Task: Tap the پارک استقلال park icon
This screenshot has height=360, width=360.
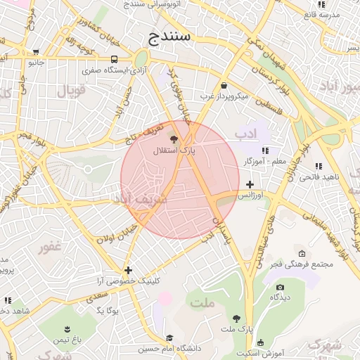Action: (x=174, y=139)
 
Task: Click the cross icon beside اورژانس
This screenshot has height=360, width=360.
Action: (x=250, y=184)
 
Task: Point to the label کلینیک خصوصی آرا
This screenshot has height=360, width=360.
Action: (x=129, y=281)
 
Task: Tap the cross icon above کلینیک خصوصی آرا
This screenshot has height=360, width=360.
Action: (x=128, y=270)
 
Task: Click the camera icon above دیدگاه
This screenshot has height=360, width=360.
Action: (x=281, y=287)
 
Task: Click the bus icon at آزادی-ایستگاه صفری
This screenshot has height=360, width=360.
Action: (x=114, y=60)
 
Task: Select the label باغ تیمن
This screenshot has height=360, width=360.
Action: (x=68, y=340)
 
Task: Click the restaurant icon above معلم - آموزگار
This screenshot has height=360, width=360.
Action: (x=265, y=151)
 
